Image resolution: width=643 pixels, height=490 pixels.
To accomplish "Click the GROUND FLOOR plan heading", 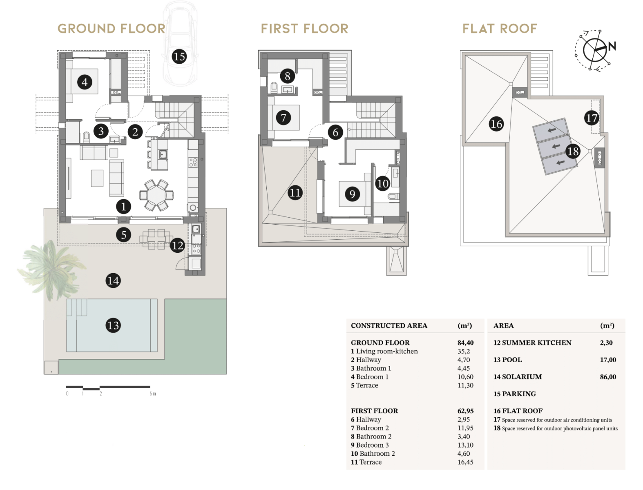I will (111, 29).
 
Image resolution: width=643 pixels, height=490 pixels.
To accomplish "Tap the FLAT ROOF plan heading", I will (499, 29).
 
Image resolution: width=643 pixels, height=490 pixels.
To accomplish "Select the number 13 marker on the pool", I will (113, 325).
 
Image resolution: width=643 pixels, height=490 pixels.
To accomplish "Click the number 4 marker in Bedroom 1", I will (84, 82).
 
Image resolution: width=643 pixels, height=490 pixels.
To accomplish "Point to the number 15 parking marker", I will (179, 56).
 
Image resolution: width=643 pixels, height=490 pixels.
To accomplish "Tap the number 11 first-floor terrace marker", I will (295, 192).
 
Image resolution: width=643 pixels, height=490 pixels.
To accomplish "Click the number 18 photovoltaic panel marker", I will (573, 151).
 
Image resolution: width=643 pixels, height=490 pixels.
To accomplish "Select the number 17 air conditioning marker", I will (591, 118).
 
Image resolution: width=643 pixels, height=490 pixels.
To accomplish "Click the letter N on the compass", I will (612, 46).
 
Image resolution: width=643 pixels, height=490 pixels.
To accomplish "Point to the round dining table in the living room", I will (156, 195).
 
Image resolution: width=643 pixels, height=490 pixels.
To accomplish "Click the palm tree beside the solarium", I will (47, 267).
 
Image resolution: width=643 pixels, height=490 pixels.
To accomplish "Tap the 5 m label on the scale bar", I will (152, 394).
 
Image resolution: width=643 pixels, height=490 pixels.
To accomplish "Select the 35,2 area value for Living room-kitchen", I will (463, 351).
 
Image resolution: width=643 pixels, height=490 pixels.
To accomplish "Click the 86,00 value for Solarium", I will (607, 377).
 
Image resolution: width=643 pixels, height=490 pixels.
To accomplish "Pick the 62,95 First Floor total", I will (465, 411).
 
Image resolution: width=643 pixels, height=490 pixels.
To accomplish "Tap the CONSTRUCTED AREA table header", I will (388, 325).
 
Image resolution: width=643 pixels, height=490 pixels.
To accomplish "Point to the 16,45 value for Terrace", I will (465, 462).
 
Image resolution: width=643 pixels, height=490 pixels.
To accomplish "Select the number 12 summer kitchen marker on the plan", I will (177, 245).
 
